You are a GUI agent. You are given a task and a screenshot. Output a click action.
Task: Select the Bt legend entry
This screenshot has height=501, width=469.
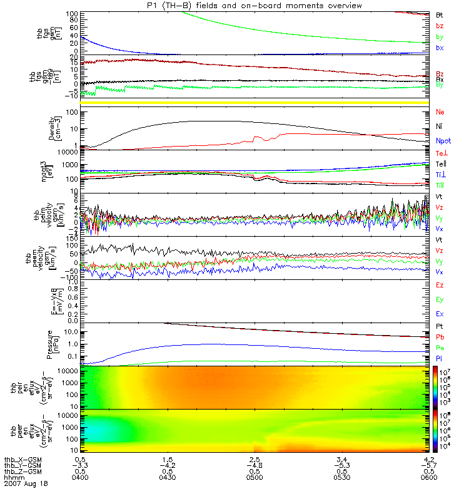click(440, 14)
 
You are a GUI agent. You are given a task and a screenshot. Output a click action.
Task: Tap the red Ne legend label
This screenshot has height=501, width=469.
click(440, 112)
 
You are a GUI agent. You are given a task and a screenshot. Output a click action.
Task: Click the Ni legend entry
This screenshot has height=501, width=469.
click(440, 127)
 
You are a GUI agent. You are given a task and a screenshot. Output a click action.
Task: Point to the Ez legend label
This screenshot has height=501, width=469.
click(440, 285)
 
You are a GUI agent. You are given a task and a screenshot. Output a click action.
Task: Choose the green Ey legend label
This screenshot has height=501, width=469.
click(440, 299)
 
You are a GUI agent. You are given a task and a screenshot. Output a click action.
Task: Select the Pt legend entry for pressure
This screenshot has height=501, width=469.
click(440, 327)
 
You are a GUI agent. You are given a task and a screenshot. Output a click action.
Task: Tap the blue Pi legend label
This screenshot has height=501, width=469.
click(440, 358)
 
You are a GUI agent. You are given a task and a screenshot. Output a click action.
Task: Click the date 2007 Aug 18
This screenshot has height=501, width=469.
click(25, 484)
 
